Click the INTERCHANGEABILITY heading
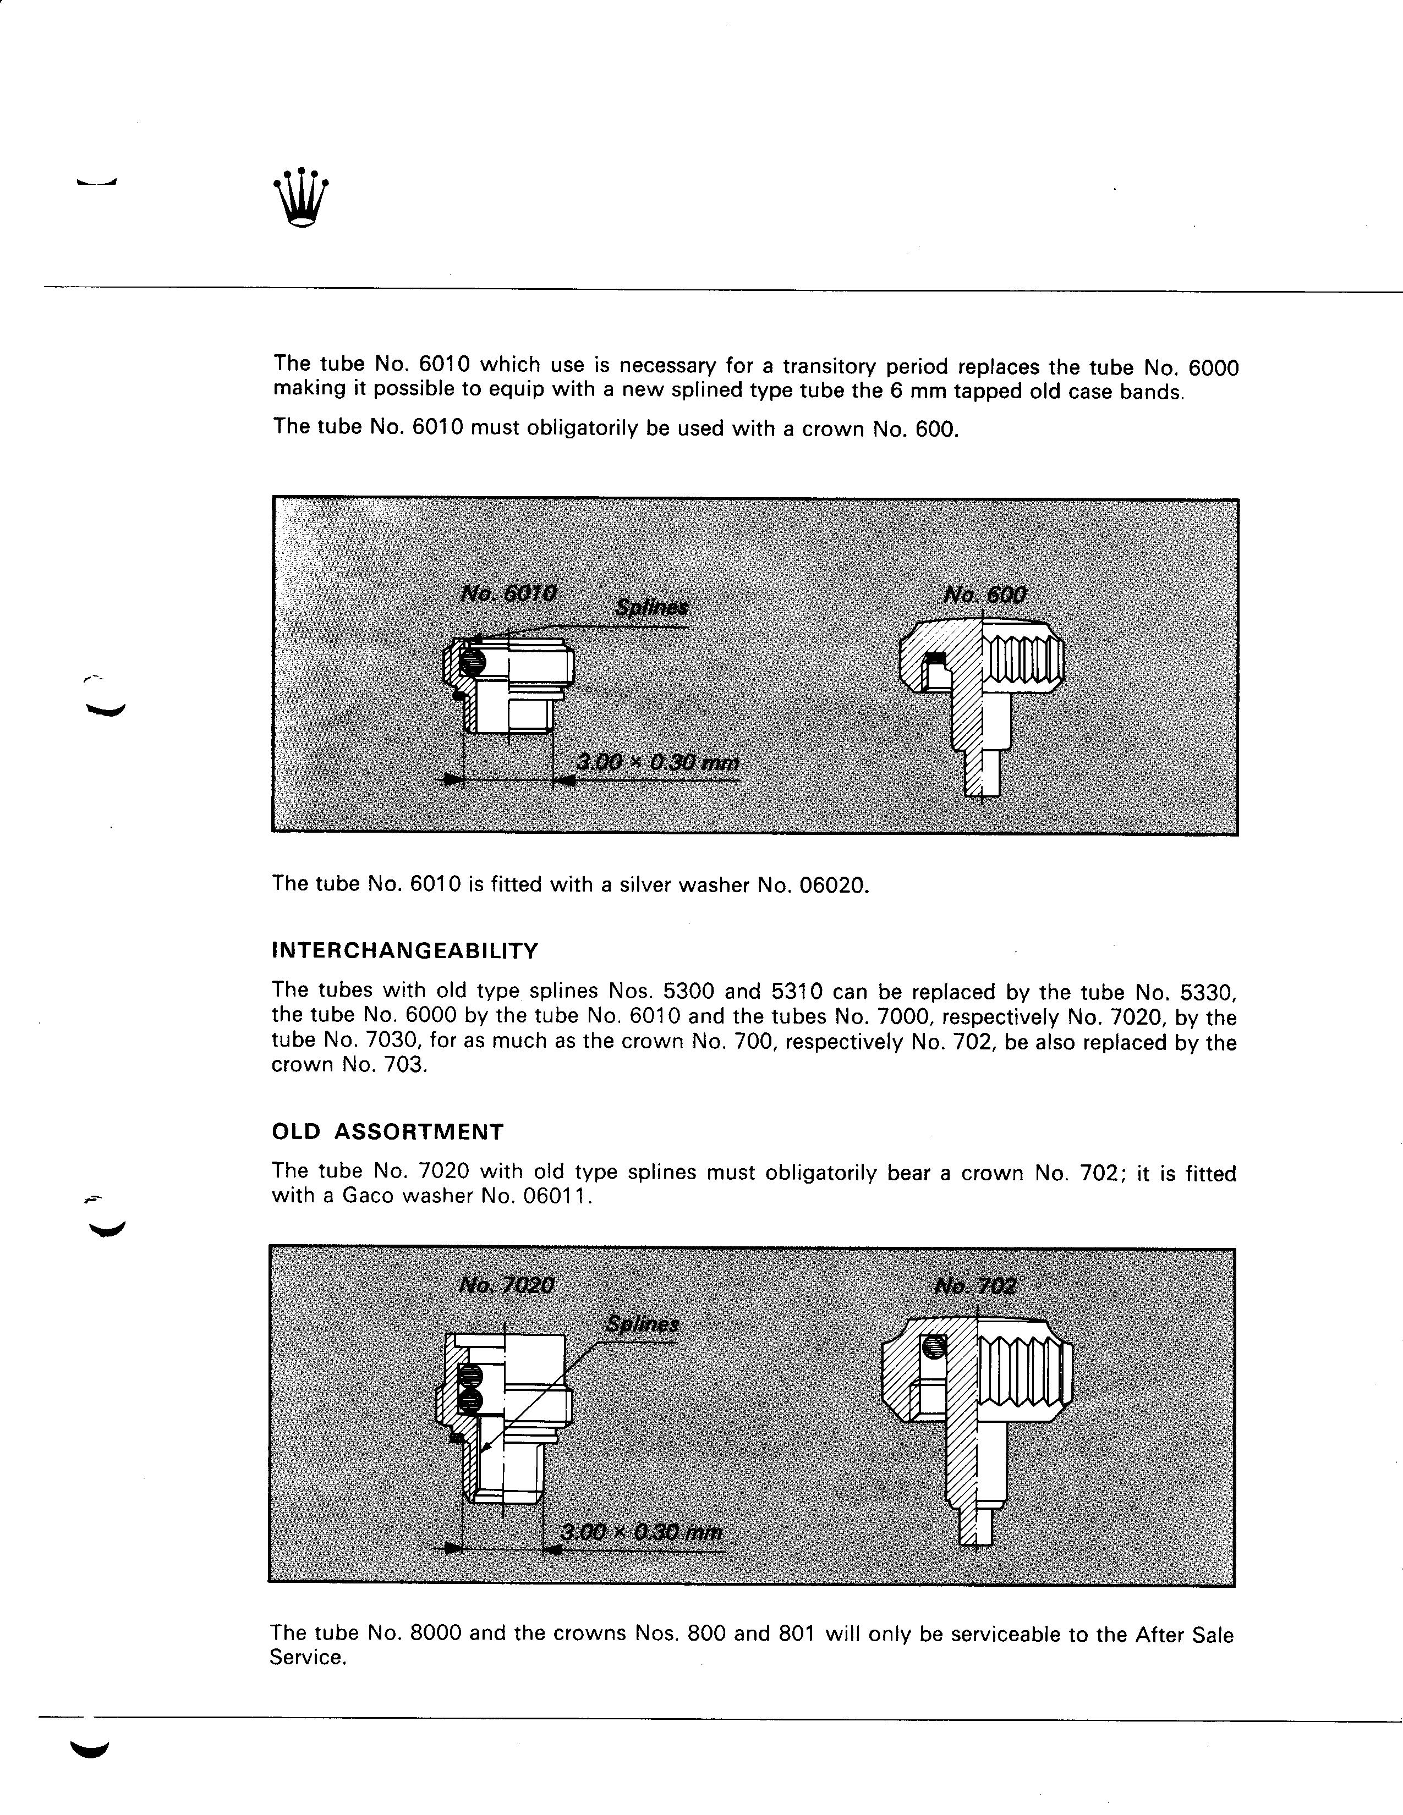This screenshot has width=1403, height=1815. tap(405, 951)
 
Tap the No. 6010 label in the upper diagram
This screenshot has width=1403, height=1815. tap(508, 593)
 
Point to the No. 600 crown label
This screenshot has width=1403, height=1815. tap(985, 595)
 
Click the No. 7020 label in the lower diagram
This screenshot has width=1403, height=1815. tap(506, 1286)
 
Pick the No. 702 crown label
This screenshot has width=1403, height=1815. tap(975, 1286)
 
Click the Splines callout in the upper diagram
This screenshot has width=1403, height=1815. tap(651, 608)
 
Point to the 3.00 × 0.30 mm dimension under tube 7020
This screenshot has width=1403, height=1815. tap(642, 1532)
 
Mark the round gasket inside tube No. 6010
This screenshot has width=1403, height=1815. tap(470, 662)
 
